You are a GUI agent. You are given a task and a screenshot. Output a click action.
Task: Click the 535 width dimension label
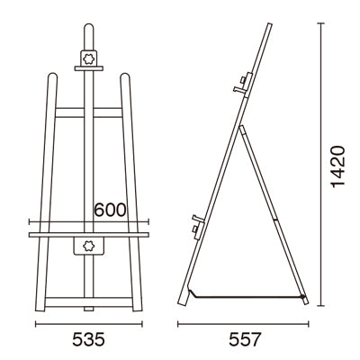point(88,340)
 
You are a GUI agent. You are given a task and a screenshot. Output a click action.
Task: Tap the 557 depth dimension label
point(245,340)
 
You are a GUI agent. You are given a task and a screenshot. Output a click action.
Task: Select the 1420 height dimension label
point(337,166)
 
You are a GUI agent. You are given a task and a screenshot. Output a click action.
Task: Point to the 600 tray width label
point(110,210)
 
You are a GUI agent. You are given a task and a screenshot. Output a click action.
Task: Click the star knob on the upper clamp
point(89,58)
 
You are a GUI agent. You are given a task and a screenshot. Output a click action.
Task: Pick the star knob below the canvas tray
point(89,246)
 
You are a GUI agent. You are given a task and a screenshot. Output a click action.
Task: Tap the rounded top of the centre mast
point(89,29)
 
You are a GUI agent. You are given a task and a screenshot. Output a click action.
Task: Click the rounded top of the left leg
point(52,77)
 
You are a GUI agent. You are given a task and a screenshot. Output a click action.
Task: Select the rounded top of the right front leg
point(125,77)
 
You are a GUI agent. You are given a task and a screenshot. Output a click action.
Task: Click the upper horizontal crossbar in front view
point(89,112)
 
